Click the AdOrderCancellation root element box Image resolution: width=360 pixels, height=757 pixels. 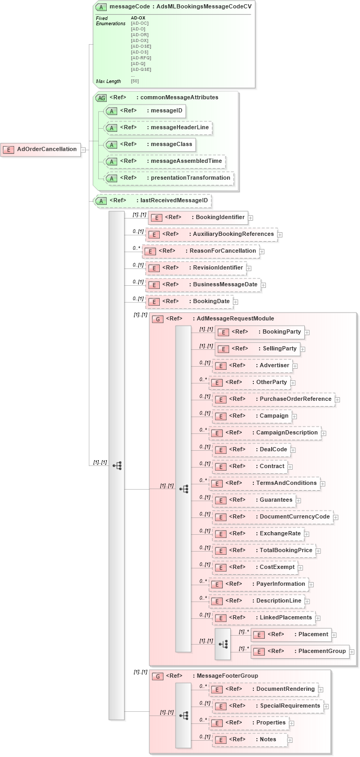[x=42, y=149]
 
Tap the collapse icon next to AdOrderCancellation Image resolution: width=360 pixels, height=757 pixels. [x=83, y=150]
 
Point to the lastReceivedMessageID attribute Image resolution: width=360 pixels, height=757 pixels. [x=153, y=200]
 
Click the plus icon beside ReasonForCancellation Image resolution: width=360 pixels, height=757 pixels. [x=262, y=252]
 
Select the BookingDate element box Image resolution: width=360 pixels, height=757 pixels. [x=190, y=302]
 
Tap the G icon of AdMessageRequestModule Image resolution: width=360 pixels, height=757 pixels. [x=157, y=319]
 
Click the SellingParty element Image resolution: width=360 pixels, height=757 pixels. [x=257, y=349]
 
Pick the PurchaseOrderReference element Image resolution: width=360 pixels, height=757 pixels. [x=273, y=399]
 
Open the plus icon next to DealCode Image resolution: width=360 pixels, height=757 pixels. [x=293, y=450]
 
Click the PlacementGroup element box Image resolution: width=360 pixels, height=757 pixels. [x=300, y=651]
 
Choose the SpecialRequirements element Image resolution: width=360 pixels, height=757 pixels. [x=268, y=706]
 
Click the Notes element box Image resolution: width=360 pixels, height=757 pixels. [x=250, y=740]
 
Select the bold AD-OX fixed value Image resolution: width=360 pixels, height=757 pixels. [x=138, y=18]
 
